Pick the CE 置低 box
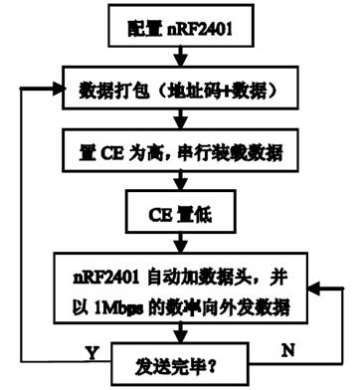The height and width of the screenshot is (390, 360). click(180, 210)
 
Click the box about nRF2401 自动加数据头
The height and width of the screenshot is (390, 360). click(180, 286)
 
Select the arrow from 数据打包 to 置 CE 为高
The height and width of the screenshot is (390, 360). click(180, 118)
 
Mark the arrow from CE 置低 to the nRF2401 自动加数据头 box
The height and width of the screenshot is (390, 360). click(180, 240)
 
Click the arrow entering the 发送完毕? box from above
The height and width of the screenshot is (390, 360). click(180, 329)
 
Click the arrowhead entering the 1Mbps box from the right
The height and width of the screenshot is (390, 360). click(309, 287)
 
